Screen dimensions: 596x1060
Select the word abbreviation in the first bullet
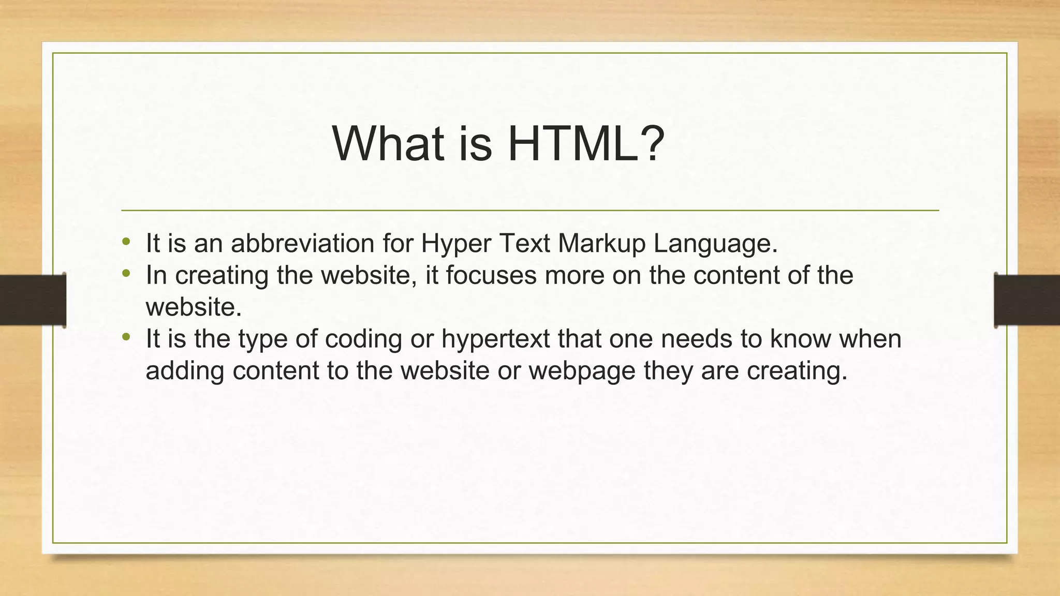(302, 243)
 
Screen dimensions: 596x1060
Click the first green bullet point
(126, 241)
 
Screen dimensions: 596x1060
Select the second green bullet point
(126, 273)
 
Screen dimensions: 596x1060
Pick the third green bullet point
(126, 337)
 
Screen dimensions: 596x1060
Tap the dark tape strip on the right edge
(1027, 300)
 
